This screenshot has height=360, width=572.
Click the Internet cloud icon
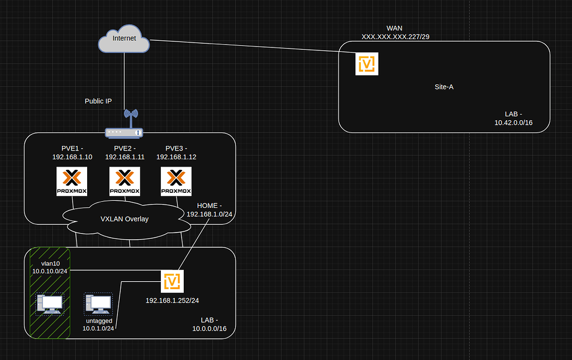[x=124, y=39]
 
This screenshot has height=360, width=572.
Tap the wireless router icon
[x=125, y=126]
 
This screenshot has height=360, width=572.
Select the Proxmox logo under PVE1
[x=72, y=182]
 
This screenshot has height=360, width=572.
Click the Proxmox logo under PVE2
[x=124, y=182]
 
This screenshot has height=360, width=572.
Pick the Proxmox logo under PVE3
[x=176, y=182]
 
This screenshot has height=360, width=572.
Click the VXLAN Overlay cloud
[x=125, y=219]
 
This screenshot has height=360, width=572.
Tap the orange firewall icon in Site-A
[x=367, y=64]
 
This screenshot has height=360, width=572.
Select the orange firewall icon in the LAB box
[x=172, y=281]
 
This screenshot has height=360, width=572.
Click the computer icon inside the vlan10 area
[x=49, y=304]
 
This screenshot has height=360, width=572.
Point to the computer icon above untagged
[x=98, y=304]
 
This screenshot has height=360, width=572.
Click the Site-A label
[x=444, y=87]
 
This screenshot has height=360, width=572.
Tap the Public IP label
[x=98, y=101]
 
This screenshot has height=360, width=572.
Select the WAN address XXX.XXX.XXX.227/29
[x=395, y=36]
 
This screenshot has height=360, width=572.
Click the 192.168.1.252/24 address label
[x=172, y=300]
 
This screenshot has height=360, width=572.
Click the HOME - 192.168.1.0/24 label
[x=209, y=210]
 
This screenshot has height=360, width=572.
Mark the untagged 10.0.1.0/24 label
[x=98, y=325]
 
